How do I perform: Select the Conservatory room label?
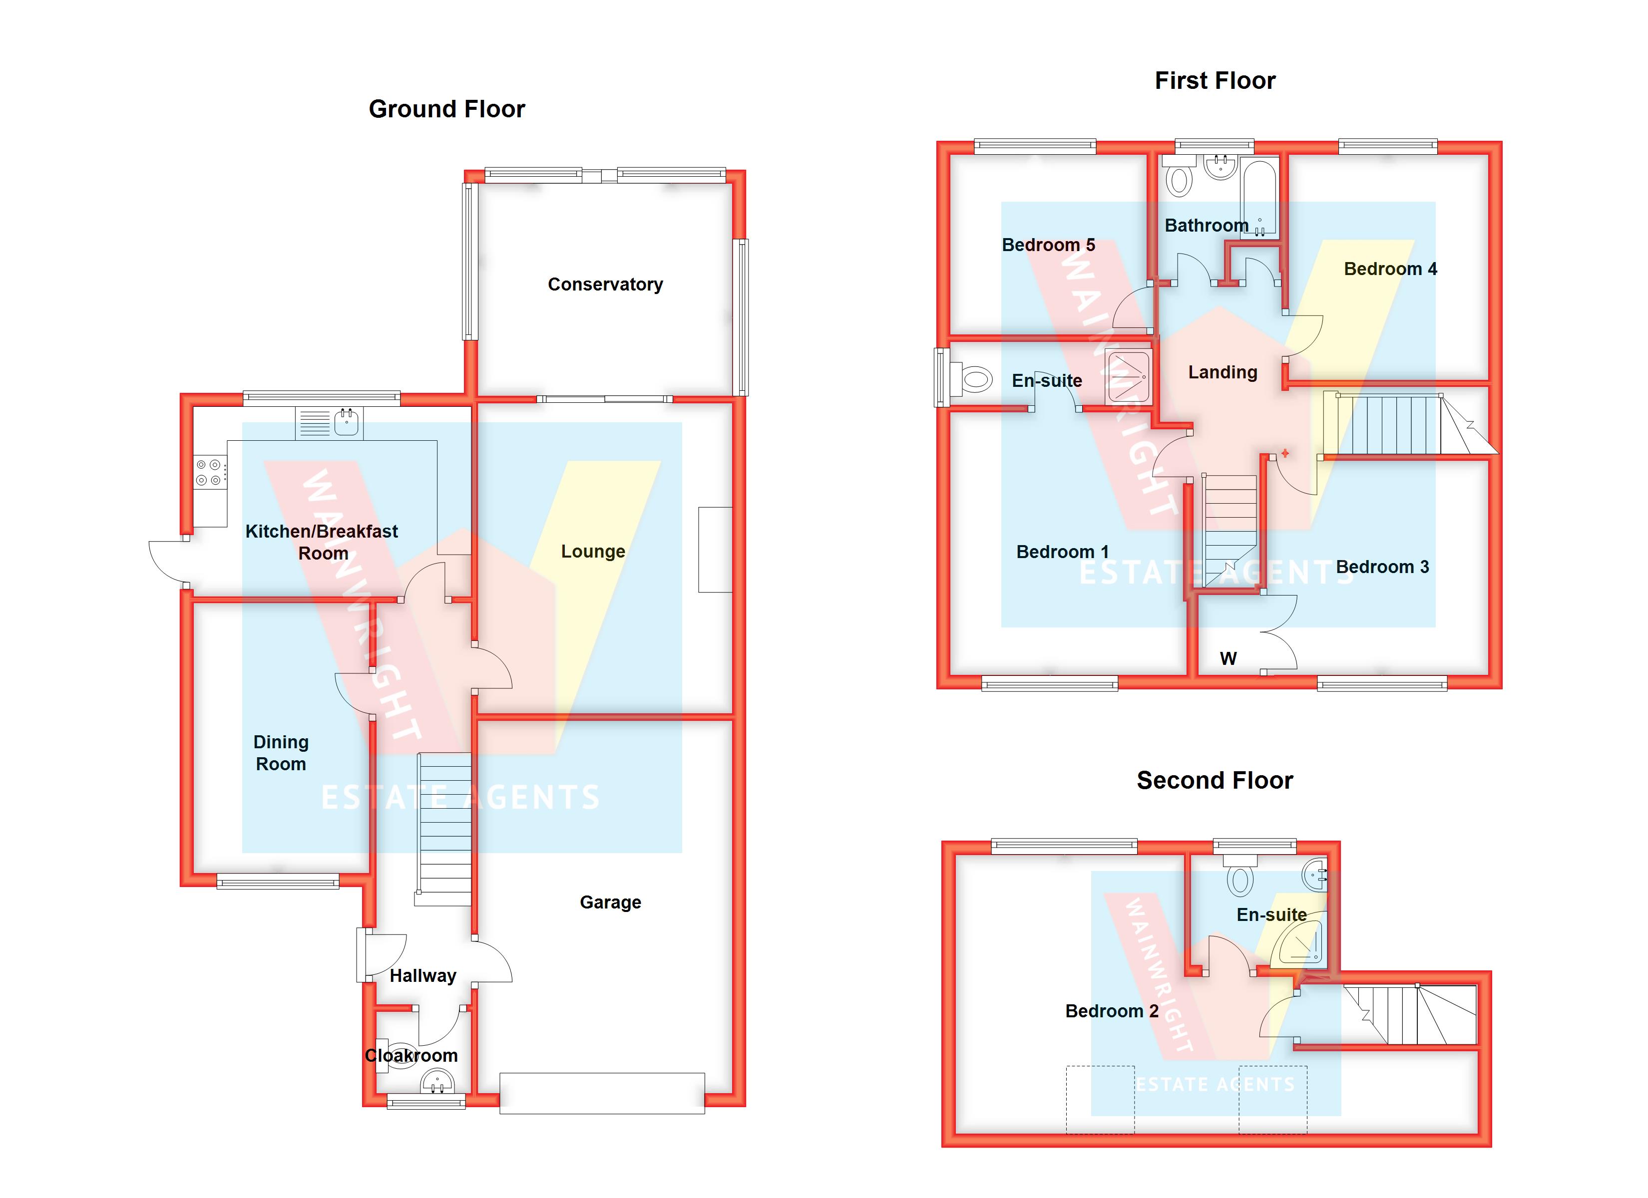coord(605,284)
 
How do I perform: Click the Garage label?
coord(610,902)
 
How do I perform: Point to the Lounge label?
coord(592,552)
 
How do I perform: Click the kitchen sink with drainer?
coord(329,423)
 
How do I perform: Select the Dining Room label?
coord(281,753)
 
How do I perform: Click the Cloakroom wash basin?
coord(436,1084)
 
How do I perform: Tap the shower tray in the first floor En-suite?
coord(1128,377)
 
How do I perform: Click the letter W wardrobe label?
coord(1228,658)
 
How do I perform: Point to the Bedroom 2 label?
coord(1111,1011)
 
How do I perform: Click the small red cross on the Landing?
coord(1284,453)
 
